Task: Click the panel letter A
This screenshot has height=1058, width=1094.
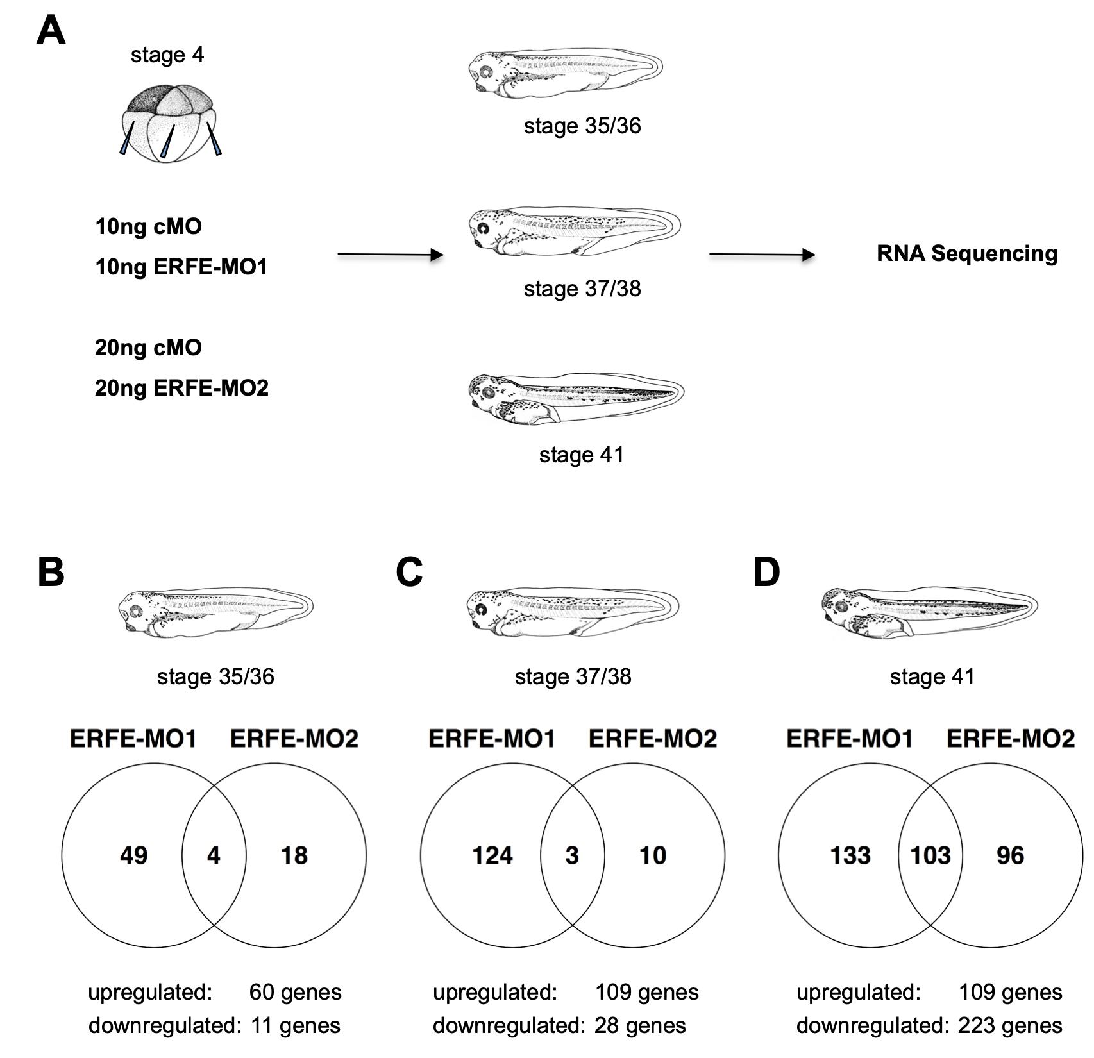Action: click(51, 30)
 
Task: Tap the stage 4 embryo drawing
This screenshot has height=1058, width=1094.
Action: click(169, 122)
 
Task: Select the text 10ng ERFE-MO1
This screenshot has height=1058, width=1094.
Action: click(181, 267)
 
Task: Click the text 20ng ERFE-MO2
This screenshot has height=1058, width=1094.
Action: click(181, 388)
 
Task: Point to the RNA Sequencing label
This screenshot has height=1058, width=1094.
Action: click(966, 254)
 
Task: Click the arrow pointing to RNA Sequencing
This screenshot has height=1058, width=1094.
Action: click(761, 255)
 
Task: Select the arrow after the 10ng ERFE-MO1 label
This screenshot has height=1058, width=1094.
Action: click(390, 255)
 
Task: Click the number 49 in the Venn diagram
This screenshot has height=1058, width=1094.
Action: click(133, 855)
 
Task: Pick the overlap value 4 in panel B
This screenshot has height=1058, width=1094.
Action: click(214, 855)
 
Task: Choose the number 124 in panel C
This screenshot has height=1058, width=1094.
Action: click(492, 855)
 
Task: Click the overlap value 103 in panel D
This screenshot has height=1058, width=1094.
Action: click(930, 855)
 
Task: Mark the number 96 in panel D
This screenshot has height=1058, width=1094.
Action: click(1010, 855)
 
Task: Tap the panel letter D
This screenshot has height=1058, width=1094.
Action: click(766, 572)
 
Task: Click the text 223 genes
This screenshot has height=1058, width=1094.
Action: click(1010, 1026)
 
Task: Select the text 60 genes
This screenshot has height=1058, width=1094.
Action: click(295, 993)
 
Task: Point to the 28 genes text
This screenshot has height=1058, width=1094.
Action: click(640, 1026)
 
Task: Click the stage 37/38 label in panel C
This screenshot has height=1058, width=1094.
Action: click(573, 676)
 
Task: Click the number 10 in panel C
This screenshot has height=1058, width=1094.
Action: click(653, 855)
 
